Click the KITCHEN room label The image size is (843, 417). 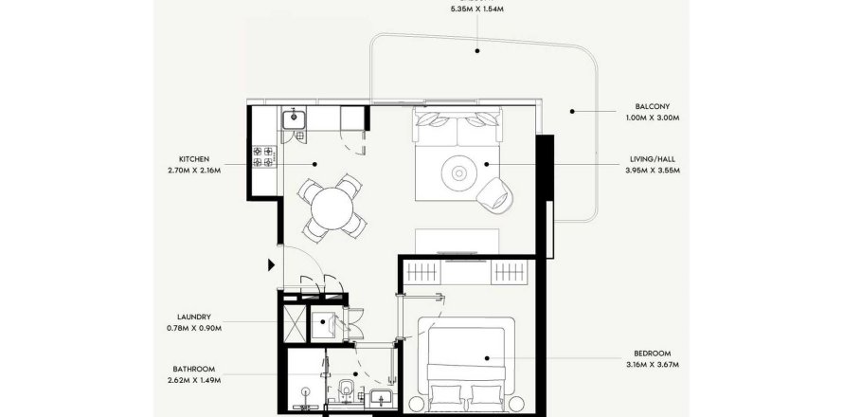194,159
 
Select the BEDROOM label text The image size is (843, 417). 653,354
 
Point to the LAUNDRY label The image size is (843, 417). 194,317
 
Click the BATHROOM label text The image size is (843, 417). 194,369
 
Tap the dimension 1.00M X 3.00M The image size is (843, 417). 653,118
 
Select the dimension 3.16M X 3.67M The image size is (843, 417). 653,365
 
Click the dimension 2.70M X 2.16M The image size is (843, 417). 194,171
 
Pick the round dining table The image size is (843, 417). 332,208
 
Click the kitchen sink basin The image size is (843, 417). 294,118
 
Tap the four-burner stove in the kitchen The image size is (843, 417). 262,156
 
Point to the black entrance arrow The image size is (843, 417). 272,264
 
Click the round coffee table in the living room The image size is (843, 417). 458,172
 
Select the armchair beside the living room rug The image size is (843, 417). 494,193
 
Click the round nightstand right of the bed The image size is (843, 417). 516,404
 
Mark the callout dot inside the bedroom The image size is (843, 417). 487,358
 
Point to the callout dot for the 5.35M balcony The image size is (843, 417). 476,51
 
